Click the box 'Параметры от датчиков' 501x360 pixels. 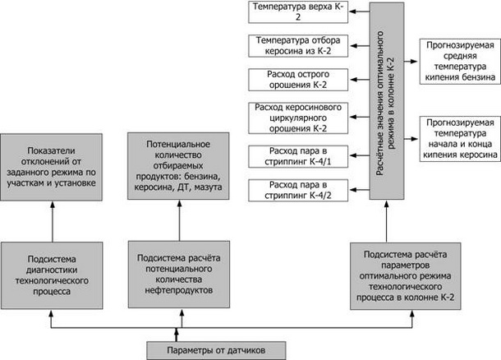(216, 350)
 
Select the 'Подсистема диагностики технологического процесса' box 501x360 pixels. (52, 275)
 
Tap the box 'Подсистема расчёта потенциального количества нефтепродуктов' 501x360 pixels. (179, 275)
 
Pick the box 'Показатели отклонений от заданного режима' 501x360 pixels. (52, 167)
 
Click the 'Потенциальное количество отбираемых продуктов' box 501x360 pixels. (178, 166)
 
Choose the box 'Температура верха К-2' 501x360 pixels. (298, 12)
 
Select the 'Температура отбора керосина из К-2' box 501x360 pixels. (298, 46)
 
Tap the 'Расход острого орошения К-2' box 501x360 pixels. (298, 80)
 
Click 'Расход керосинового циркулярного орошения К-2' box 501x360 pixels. (298, 118)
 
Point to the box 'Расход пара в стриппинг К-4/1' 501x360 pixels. (298, 156)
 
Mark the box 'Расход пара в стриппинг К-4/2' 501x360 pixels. (298, 191)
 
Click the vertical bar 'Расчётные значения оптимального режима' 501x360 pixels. (387, 101)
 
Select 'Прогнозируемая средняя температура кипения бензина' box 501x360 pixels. (460, 62)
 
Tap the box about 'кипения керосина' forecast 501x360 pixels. (460, 139)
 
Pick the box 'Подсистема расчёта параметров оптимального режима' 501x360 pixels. (406, 276)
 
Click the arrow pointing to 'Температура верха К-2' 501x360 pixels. (359, 12)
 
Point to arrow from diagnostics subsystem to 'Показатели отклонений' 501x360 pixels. (53, 221)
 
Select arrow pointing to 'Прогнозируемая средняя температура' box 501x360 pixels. (411, 61)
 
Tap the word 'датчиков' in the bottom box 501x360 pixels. (246, 350)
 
